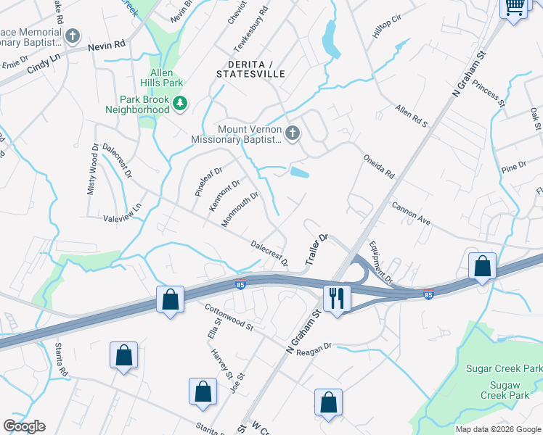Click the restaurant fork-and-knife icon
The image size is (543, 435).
point(337,298)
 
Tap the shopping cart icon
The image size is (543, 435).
point(514,8)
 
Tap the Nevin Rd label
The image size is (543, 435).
point(107,46)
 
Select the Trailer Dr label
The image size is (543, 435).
point(317,249)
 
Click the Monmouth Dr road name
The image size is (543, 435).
point(240,209)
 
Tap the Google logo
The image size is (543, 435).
point(25,426)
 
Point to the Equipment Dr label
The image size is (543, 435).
point(380,262)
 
